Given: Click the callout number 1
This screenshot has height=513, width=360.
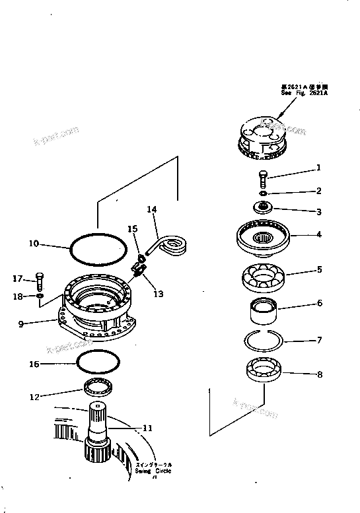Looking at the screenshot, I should click(x=318, y=168).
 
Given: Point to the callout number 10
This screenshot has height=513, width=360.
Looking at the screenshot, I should click(x=33, y=243).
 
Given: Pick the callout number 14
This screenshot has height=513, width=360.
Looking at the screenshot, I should click(x=151, y=209).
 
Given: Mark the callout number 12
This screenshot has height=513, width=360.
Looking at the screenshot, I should click(x=34, y=396).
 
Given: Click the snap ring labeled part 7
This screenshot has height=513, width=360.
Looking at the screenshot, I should click(x=264, y=341).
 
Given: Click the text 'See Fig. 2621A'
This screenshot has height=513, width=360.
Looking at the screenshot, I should click(x=304, y=93).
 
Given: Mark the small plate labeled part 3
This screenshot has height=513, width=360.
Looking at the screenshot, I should click(x=264, y=207).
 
